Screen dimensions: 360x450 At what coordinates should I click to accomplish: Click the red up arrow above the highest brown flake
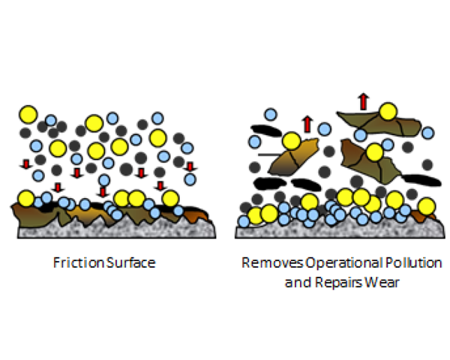[x=364, y=100]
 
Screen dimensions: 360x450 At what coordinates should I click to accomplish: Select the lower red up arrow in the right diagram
[x=306, y=123]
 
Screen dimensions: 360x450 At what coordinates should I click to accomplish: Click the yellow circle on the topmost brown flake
[x=388, y=112]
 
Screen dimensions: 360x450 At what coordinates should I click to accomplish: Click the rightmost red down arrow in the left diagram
[x=190, y=166]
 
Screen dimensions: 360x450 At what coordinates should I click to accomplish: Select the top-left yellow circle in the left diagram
[x=28, y=114]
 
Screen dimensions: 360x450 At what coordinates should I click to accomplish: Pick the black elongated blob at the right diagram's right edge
[x=418, y=179]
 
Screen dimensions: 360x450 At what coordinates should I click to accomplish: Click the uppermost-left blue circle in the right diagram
[x=271, y=114]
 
